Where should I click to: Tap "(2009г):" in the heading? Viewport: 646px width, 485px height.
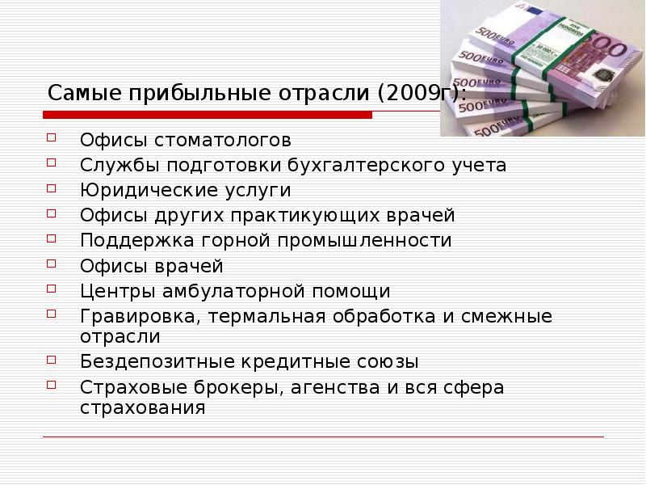(420, 93)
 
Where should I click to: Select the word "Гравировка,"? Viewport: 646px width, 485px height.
(140, 316)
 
